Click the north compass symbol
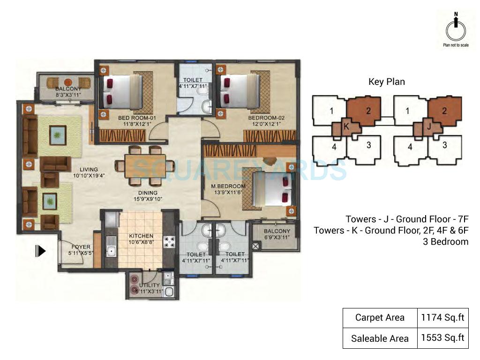click(455, 29)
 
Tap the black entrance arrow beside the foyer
click(41, 251)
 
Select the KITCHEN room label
click(141, 236)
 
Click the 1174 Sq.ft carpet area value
click(442, 317)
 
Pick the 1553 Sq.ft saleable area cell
click(442, 338)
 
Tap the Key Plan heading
click(386, 82)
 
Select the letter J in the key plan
click(428, 126)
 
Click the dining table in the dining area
click(143, 165)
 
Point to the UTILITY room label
click(150, 285)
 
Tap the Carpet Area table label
click(380, 317)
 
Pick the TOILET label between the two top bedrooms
click(192, 80)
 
